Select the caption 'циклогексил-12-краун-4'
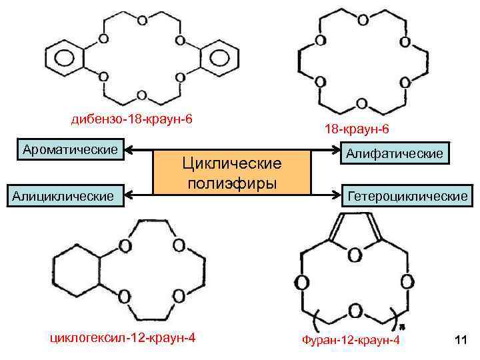coord(123,337)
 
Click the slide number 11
coord(459,341)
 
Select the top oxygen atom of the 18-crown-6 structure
coord(362,19)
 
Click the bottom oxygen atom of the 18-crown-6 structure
coord(361,104)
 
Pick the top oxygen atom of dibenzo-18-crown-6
coord(141,20)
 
